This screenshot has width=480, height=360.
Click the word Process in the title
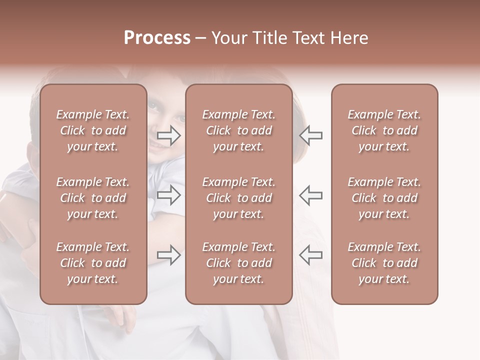pos(157,38)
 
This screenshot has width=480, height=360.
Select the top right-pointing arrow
pos(169,135)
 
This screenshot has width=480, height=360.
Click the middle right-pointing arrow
pos(169,195)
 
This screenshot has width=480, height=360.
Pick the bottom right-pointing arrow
pos(169,255)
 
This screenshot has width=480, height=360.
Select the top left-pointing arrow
pos(310,135)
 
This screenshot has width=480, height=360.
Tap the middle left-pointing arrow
pos(310,195)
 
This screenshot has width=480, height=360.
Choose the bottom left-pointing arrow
pos(310,255)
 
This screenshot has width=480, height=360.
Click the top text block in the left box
pos(93,130)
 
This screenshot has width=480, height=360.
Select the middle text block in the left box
pos(93,198)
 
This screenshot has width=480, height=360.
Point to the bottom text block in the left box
pos(93,263)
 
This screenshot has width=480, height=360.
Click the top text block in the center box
pos(238,130)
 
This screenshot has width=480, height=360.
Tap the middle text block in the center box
pos(238,198)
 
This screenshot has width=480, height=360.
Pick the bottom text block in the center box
pos(238,263)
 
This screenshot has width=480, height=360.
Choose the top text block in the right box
pos(384,130)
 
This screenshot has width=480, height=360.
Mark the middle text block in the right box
pos(384,198)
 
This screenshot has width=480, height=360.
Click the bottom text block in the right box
pos(384,263)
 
